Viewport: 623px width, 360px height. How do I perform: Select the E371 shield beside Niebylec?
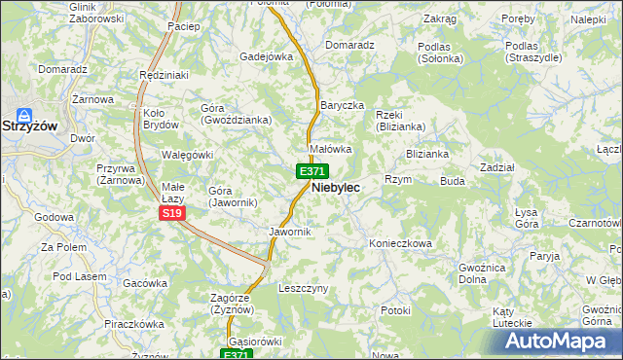[x=305, y=171]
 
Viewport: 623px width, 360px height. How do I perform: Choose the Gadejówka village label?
[x=267, y=56]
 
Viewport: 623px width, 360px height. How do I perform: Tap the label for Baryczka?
[x=342, y=105]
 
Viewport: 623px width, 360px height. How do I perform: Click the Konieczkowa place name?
[x=400, y=244]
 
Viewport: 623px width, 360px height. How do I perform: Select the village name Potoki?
[x=396, y=310]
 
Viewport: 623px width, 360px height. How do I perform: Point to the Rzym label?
[x=399, y=180]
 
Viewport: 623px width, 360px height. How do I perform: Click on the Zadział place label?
[x=497, y=167]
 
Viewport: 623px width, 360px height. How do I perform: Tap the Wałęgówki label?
[x=186, y=155]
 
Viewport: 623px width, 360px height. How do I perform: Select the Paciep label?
[x=183, y=26]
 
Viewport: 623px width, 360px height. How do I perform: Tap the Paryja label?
[x=546, y=256]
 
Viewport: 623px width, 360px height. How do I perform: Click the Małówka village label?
[x=330, y=149]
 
